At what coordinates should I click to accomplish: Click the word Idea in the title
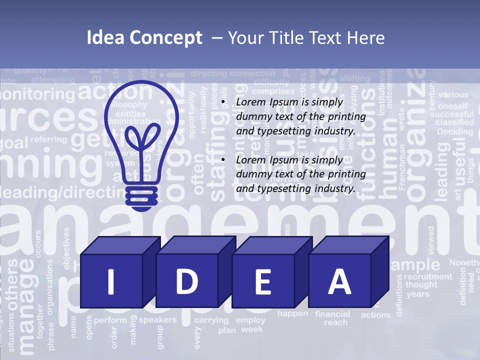click(x=104, y=38)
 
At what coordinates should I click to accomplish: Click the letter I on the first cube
click(x=111, y=281)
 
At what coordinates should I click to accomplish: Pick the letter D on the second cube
click(x=186, y=281)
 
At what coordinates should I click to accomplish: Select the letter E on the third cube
click(x=262, y=282)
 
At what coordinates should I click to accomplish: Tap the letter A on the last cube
click(x=339, y=281)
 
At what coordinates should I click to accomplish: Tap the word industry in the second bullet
click(x=334, y=188)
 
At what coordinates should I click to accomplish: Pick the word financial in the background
click(x=332, y=314)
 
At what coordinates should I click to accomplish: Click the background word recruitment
click(x=427, y=276)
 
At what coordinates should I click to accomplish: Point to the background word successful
click(x=455, y=114)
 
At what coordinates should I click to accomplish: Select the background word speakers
click(x=157, y=320)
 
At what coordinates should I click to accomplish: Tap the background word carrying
click(x=211, y=320)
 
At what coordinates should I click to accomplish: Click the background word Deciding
click(x=454, y=132)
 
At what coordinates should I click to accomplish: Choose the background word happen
click(x=293, y=313)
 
